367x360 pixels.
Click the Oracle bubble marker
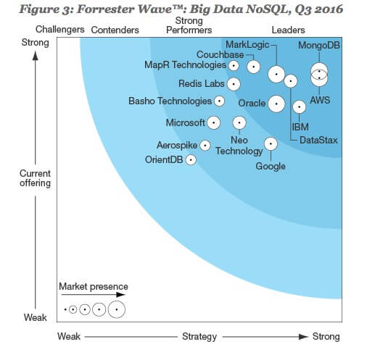coord(276,104)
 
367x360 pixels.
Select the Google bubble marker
coord(271,143)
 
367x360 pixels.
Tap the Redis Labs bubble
coord(234,84)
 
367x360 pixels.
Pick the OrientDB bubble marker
coord(191,160)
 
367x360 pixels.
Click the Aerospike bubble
coord(205,146)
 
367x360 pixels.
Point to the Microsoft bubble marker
coord(214,122)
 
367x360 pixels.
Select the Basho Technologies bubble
coord(219,101)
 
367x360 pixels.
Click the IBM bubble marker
coord(300,106)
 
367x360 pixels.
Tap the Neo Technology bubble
coord(239,122)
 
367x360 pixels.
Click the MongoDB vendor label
coord(319,45)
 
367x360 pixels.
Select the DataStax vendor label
coord(318,140)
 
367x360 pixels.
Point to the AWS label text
coord(320,100)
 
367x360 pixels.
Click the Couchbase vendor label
coord(220,54)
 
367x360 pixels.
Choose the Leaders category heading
coord(288,30)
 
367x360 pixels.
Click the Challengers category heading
coord(60,30)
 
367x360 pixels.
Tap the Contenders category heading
coord(115,30)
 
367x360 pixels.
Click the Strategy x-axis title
coord(199,337)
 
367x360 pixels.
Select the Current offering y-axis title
coord(36,178)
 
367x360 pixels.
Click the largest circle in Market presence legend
coord(117,309)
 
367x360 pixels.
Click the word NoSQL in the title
coord(265,9)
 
